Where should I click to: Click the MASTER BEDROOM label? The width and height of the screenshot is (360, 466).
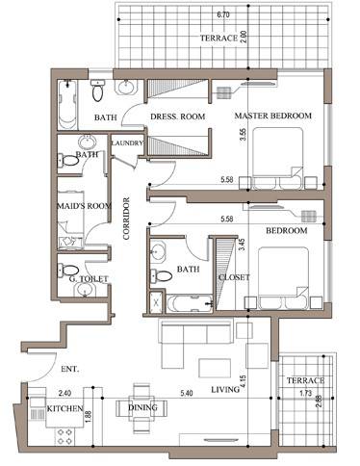pos(273,116)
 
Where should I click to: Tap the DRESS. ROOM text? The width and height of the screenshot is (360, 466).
pos(178,116)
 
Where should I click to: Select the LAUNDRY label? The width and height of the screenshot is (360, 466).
pos(127,143)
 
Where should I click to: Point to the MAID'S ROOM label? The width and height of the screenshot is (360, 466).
pos(84,206)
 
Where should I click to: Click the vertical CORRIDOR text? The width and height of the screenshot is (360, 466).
pos(126,219)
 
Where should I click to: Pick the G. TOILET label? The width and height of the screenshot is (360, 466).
pos(89,279)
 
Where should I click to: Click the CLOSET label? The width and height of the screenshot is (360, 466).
pos(234,277)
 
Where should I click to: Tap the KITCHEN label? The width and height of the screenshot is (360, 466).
pos(64,408)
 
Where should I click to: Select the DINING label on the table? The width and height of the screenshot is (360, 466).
pos(142,407)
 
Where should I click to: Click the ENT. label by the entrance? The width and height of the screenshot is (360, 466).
pos(70,369)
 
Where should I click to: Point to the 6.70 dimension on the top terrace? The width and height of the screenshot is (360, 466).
pos(223,14)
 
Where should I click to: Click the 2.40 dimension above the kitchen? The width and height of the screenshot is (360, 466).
pos(64,393)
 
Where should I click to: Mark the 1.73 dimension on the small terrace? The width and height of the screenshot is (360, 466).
pos(306,393)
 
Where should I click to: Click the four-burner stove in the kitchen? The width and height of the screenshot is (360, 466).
pos(64,436)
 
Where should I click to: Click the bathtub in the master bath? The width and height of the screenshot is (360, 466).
pos(67,105)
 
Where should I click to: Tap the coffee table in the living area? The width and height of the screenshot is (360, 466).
pos(215,368)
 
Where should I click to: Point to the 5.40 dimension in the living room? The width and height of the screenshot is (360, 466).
pos(187,393)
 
